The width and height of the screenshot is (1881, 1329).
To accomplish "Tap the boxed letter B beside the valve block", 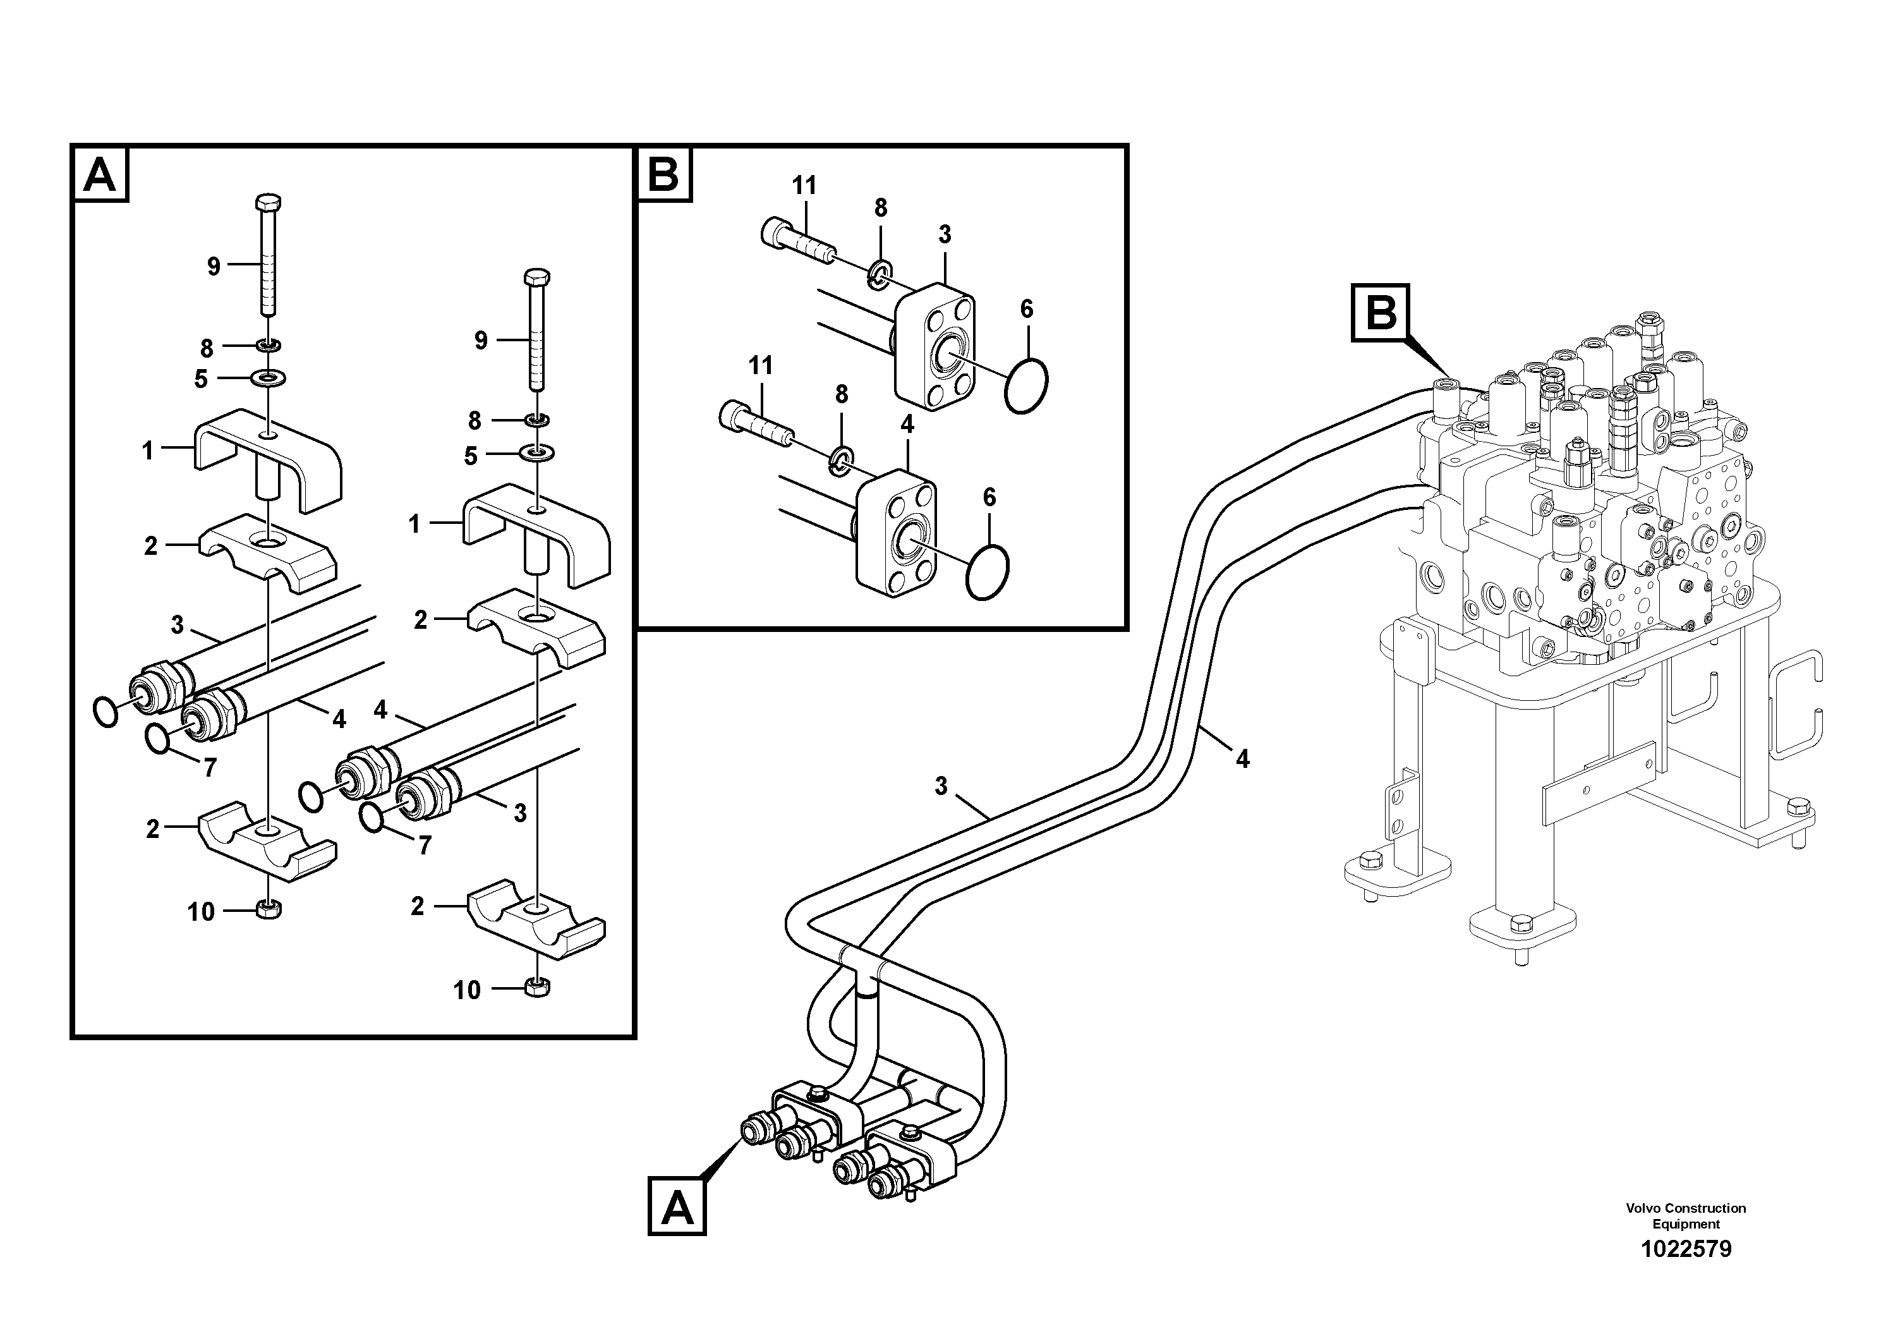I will click(1381, 312).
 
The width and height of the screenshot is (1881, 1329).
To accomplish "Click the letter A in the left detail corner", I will click(100, 174).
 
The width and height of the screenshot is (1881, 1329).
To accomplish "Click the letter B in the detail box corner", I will click(663, 174).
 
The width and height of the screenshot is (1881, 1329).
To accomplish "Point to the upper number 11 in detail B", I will click(804, 186).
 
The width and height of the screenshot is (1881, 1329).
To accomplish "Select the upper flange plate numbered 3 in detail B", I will click(934, 344).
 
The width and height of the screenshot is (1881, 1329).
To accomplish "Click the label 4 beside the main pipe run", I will click(1242, 760).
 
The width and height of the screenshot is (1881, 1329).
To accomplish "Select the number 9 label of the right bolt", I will click(481, 340).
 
